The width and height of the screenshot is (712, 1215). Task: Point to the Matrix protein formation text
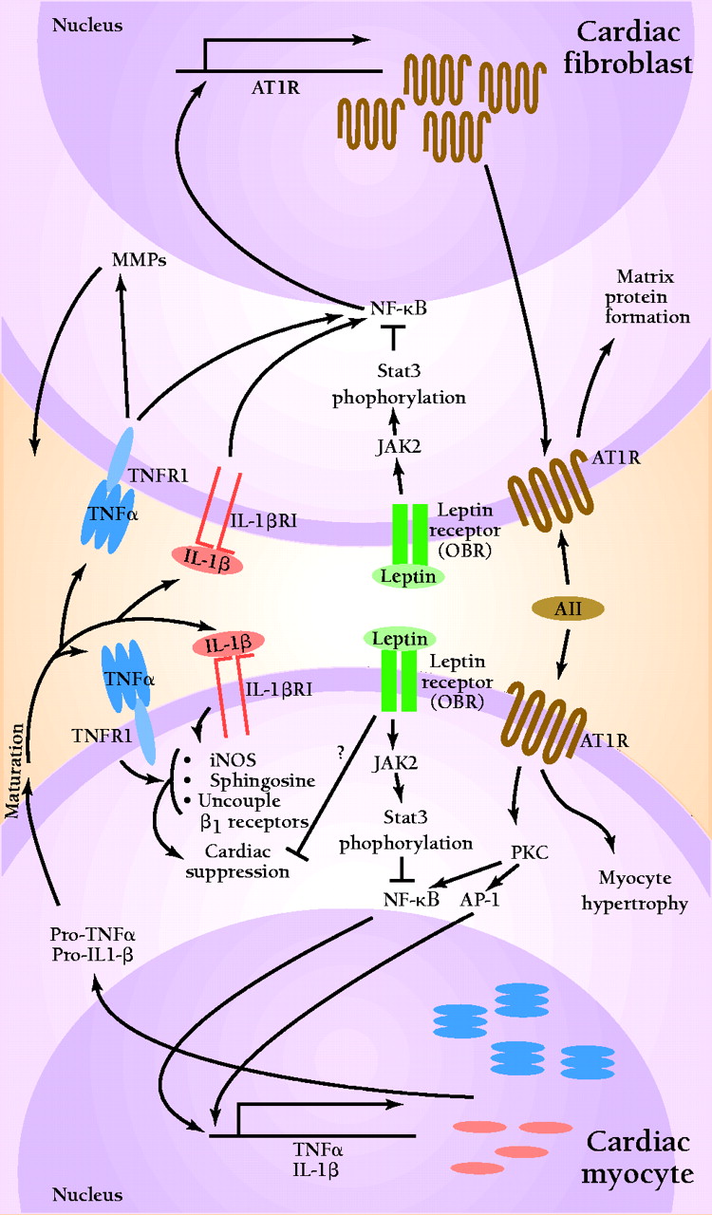point(652,296)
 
